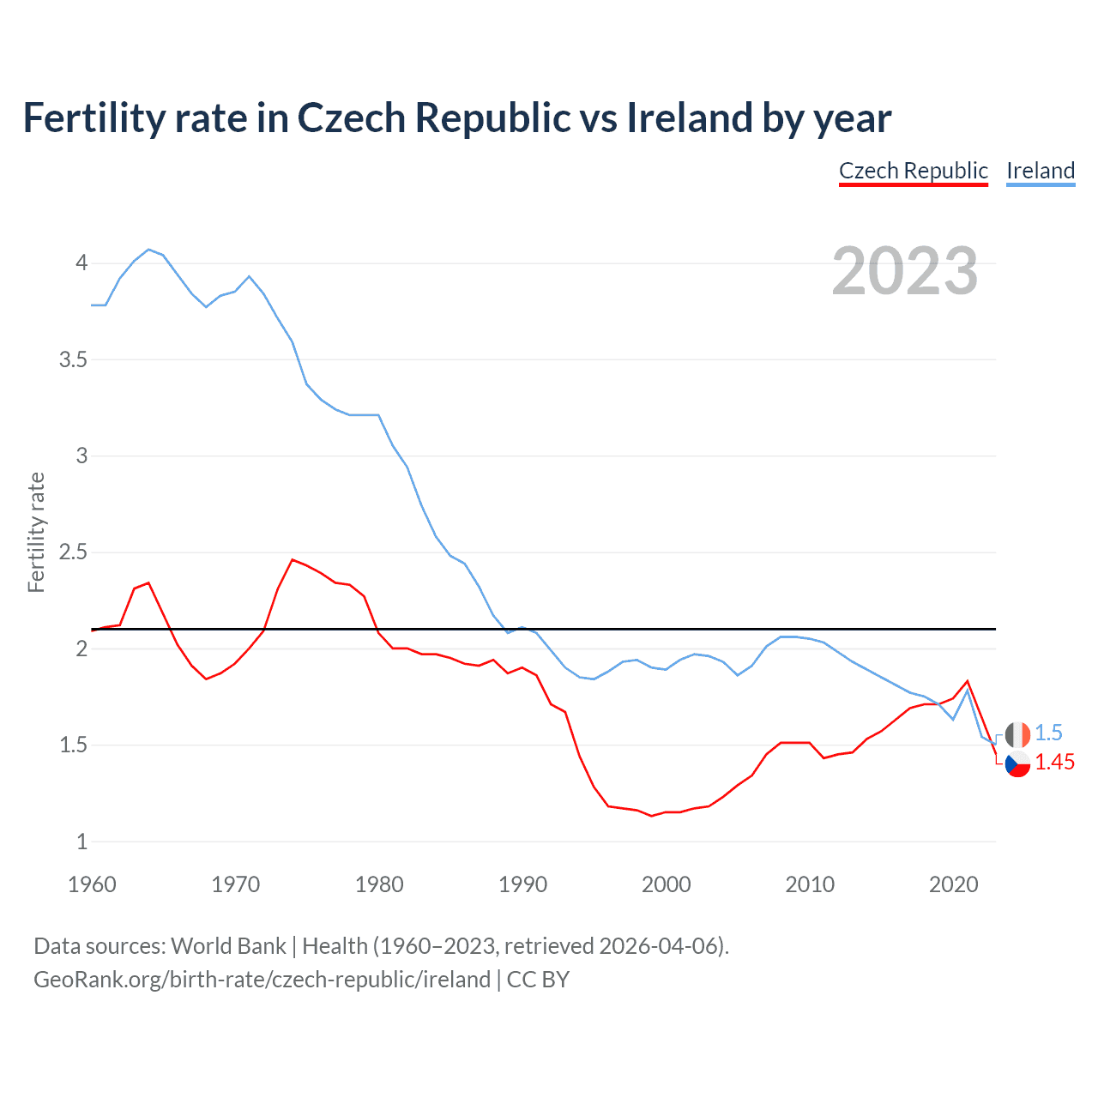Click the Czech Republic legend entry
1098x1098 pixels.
[x=913, y=171]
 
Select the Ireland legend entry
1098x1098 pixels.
[x=1040, y=171]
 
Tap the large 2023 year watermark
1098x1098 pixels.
[x=904, y=271]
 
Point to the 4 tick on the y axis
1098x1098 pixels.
[x=81, y=262]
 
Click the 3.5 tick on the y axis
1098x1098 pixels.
[x=74, y=359]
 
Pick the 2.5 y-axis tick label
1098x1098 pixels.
[x=74, y=552]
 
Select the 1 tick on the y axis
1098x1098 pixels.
[x=81, y=842]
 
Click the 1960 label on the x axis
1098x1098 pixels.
[x=92, y=884]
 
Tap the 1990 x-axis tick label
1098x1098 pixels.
[x=522, y=884]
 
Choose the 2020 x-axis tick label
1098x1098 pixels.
[x=953, y=884]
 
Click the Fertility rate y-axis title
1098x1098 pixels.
[x=36, y=532]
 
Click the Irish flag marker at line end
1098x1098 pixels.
[x=1017, y=734]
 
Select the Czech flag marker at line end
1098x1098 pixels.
[x=1017, y=763]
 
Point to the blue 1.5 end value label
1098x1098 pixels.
[x=1048, y=733]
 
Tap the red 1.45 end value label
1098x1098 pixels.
[x=1054, y=763]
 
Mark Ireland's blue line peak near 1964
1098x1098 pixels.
[x=148, y=250]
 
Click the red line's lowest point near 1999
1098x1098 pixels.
[x=652, y=816]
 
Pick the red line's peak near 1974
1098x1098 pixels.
[x=293, y=559]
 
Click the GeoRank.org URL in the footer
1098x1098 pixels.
[x=262, y=980]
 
